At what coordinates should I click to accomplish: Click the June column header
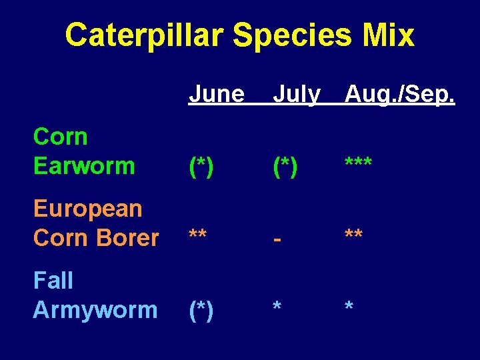coord(217,95)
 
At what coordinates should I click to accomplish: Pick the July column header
coord(297,95)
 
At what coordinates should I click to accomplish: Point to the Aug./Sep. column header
coord(399,95)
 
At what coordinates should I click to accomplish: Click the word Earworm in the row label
coord(84,166)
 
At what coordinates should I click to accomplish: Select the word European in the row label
coord(87,209)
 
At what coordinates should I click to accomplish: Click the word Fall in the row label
coord(53,281)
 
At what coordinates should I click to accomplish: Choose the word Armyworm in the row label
coord(95,310)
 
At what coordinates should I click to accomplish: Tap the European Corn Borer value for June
coord(197,235)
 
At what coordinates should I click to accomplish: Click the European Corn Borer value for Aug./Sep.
coord(354,235)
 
